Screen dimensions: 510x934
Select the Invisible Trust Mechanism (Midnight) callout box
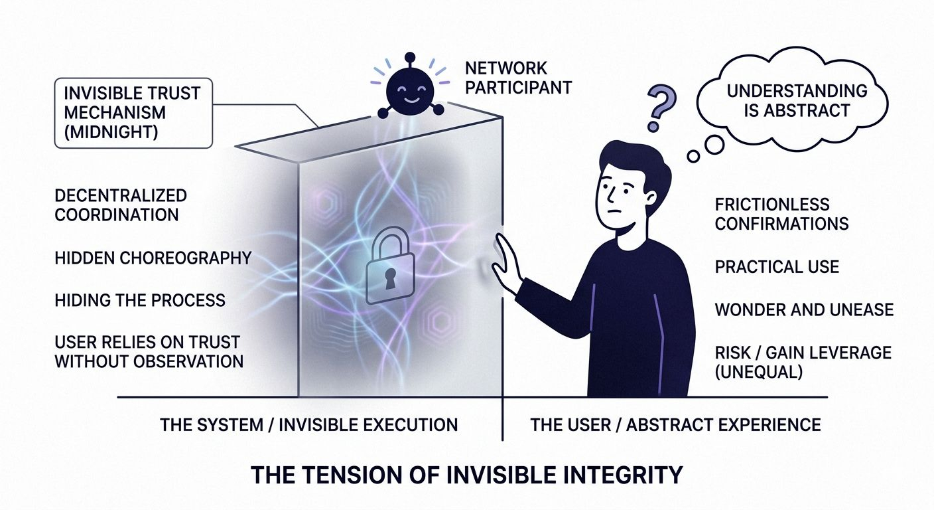(133, 112)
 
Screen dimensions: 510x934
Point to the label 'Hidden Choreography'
(153, 258)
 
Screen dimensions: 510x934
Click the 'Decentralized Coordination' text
(121, 205)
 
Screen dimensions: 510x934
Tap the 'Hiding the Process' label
(140, 299)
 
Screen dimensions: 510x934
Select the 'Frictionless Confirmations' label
(781, 214)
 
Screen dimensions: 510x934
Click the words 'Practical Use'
(777, 267)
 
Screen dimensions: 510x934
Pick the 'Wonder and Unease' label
(804, 309)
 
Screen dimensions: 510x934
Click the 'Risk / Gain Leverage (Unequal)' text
(803, 363)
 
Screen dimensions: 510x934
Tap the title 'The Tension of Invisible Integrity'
(467, 475)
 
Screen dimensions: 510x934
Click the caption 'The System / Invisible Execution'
(308, 424)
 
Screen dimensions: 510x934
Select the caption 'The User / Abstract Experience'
(675, 424)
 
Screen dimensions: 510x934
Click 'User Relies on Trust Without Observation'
(149, 352)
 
